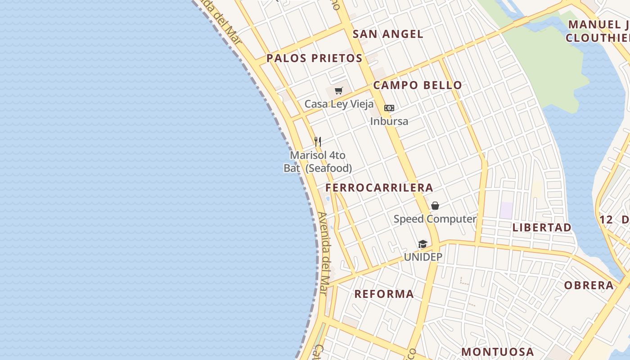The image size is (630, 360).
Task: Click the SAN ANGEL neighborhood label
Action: [x=387, y=34]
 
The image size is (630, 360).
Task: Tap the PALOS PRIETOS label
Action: [x=314, y=58]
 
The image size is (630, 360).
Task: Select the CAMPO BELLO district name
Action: [x=418, y=85]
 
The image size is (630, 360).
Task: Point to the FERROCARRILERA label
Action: [x=379, y=188]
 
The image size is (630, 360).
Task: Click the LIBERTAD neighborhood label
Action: [x=542, y=227]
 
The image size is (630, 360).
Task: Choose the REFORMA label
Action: [x=384, y=294]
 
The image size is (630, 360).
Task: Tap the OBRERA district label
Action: [x=589, y=285]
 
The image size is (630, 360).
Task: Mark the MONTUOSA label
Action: [x=497, y=351]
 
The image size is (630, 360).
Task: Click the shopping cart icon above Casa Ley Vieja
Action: [x=339, y=91]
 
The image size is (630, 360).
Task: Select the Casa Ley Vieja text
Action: [x=339, y=104]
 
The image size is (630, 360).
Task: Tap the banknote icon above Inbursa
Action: [x=389, y=108]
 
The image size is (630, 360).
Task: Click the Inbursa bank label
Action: [x=389, y=121]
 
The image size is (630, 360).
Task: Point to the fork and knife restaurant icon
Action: [x=318, y=142]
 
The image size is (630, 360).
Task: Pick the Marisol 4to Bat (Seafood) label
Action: [x=318, y=162]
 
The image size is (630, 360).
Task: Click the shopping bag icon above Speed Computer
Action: [x=435, y=206]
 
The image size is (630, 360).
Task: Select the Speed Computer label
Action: [x=435, y=219]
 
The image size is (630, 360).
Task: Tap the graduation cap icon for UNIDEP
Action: [x=423, y=244]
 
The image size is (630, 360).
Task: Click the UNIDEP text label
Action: [x=423, y=257]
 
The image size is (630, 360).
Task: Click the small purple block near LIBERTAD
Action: [x=507, y=210]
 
